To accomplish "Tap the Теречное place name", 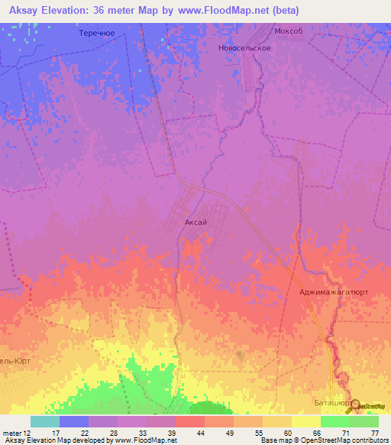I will pos(97,34).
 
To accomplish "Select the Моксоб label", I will pos(289,31).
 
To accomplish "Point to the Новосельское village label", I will pos(244,47).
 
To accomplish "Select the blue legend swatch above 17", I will pos(74,421).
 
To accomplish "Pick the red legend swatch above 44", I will pos(190,421).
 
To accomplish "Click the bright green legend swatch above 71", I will pos(334,421).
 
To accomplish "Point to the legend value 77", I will pos(374,433).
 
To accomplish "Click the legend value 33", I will pos(142,433).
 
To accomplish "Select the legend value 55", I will pos(258,433).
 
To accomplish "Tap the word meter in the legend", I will pos(13,433).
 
